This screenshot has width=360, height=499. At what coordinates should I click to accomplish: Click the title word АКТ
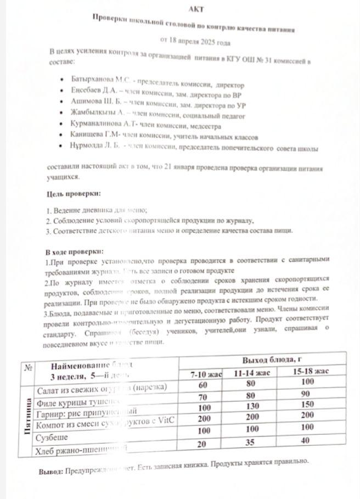(195, 9)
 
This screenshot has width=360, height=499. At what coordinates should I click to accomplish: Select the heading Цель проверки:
(74, 194)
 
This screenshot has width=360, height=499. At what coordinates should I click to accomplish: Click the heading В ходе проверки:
(74, 252)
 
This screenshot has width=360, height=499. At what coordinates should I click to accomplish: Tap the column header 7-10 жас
(206, 374)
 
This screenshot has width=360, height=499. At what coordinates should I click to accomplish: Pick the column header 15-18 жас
(311, 372)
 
